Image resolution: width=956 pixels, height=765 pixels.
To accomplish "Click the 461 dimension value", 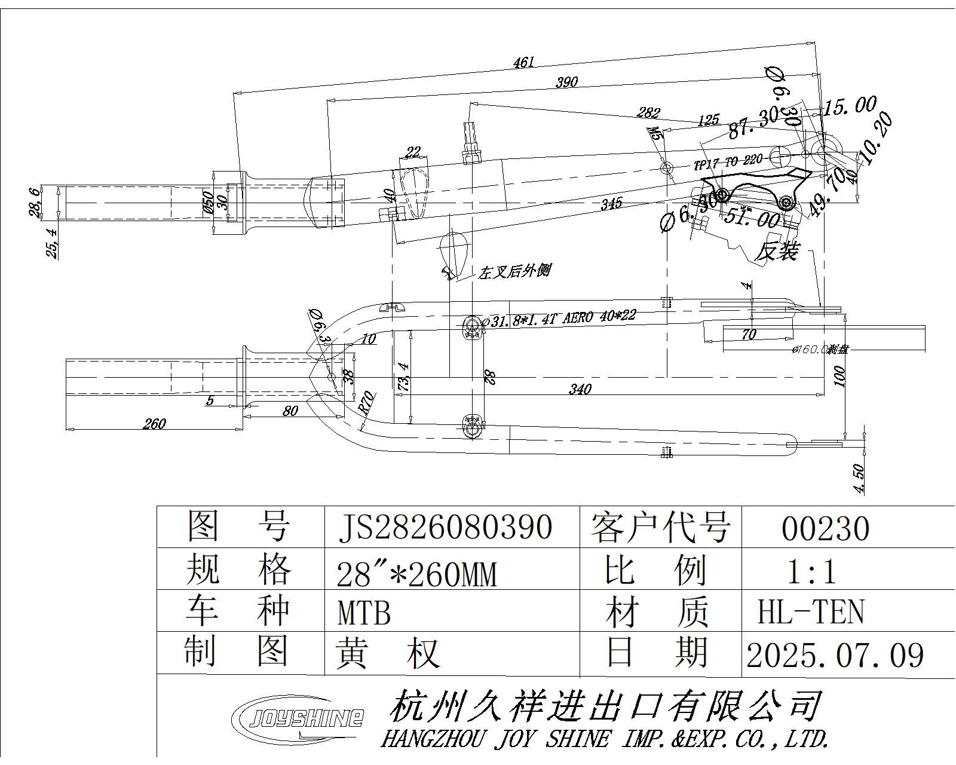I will [523, 62].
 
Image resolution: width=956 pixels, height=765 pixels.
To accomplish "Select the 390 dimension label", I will [566, 82].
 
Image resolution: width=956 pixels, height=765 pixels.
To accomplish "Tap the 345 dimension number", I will [611, 203].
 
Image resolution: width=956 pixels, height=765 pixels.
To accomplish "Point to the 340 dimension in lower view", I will [580, 390].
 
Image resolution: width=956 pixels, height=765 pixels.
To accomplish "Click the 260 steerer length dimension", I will [154, 424].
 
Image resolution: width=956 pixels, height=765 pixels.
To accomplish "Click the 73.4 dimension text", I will [404, 377].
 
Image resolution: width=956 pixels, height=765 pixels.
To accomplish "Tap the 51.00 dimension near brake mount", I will [752, 219].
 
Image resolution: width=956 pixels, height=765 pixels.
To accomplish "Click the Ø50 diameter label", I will [208, 203].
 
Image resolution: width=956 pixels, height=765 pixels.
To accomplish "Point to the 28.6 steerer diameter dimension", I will [35, 203].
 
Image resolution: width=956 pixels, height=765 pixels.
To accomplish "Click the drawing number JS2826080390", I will [445, 527].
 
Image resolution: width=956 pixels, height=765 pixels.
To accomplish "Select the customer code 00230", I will [825, 528].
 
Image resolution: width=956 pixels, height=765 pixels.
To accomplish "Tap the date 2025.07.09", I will [835, 656].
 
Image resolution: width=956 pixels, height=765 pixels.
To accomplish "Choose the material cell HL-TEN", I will [811, 613].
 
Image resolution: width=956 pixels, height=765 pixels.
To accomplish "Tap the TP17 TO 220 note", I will [728, 162].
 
